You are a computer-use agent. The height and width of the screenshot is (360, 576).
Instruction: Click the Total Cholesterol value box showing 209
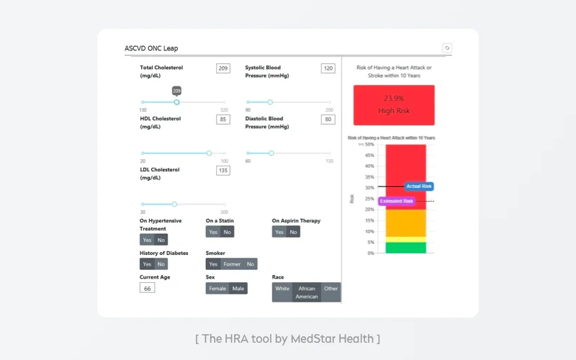point(223,68)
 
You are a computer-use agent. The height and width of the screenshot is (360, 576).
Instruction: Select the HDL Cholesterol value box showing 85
point(223,120)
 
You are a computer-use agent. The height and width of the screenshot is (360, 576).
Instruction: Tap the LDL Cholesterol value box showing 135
point(223,171)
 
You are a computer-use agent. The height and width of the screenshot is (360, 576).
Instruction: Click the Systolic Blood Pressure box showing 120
point(328,68)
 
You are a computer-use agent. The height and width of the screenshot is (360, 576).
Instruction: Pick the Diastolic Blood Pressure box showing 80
point(328,120)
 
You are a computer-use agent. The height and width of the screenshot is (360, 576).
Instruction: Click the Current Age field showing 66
point(147,288)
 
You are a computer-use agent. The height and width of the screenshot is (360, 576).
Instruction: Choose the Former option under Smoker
point(232,264)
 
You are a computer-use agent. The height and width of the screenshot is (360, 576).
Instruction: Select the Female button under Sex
point(217,289)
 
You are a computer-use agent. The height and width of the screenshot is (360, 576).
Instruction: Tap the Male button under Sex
point(238,289)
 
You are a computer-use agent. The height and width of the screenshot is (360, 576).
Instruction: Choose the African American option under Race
point(307,292)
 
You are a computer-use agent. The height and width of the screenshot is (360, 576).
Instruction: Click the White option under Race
point(282,289)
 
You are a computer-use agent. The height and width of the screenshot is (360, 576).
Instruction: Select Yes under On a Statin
point(213,232)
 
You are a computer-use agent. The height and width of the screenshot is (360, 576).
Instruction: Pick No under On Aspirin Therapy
point(294,232)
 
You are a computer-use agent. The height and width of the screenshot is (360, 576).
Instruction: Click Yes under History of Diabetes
point(147,264)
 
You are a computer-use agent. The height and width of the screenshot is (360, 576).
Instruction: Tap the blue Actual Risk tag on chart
point(419,186)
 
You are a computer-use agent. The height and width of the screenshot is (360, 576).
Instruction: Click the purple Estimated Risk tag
point(396,201)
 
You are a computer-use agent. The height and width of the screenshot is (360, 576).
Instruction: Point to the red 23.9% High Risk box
point(394,104)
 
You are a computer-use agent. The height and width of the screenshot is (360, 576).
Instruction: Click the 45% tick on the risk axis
point(369,155)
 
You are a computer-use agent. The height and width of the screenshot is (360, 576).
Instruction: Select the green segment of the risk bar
point(405,248)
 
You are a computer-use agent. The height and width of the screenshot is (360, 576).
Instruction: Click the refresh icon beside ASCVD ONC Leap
point(447,48)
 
